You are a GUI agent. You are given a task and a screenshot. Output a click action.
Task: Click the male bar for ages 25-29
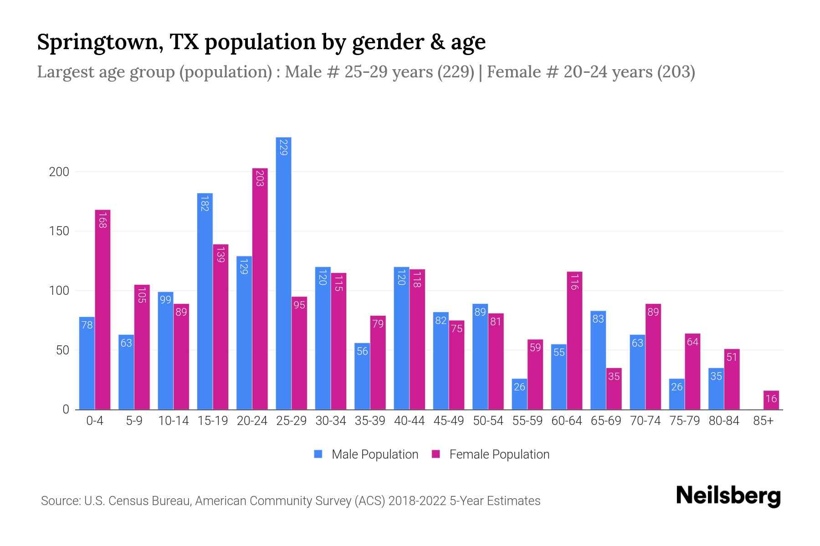pyautogui.click(x=283, y=273)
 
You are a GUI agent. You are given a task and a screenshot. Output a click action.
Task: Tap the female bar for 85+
pyautogui.click(x=771, y=400)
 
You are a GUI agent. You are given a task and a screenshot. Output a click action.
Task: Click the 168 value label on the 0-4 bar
pyautogui.click(x=102, y=220)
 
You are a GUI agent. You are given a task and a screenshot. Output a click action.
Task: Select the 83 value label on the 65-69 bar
pyautogui.click(x=598, y=319)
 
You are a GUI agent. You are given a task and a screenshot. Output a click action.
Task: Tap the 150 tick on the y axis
pyautogui.click(x=59, y=231)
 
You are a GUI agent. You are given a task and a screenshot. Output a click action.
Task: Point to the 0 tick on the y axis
pyautogui.click(x=66, y=409)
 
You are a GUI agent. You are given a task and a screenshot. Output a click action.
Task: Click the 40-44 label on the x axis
pyautogui.click(x=409, y=421)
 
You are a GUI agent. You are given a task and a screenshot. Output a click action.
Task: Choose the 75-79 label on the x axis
pyautogui.click(x=684, y=421)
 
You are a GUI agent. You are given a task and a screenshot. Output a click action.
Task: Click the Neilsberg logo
pyautogui.click(x=728, y=496)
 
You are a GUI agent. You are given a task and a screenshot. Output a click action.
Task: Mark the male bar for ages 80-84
pyautogui.click(x=716, y=389)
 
